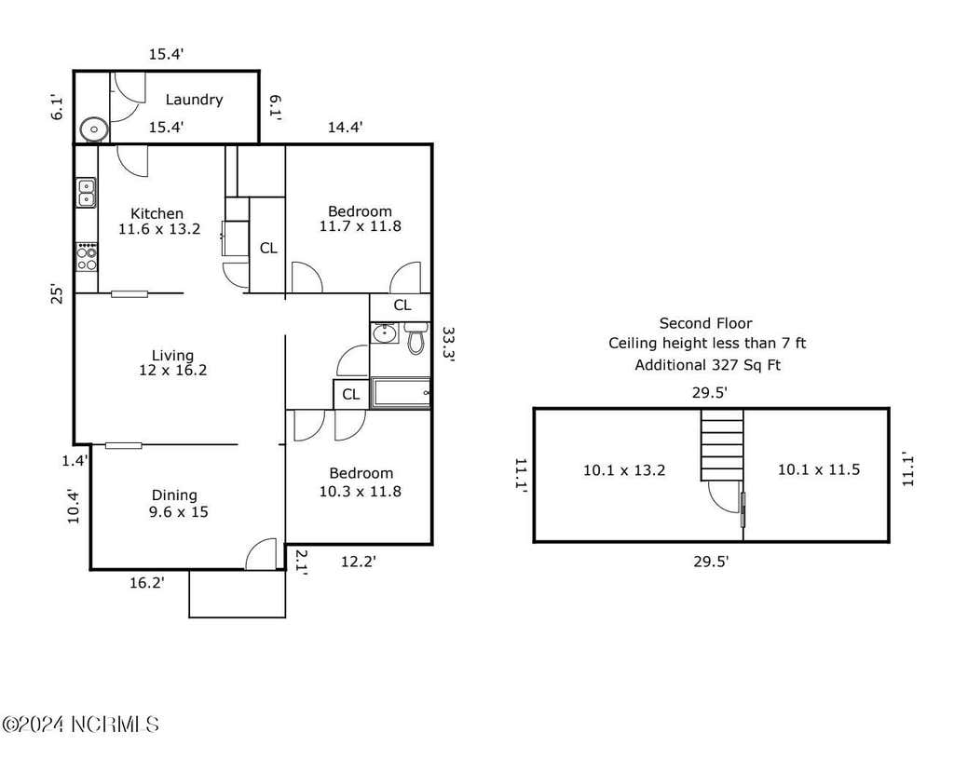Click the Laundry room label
coord(194,100)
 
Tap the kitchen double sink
coord(86,193)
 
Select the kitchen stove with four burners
coord(87,257)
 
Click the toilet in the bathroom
coord(416,338)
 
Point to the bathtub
coord(401,393)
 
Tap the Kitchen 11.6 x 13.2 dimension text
coord(159,229)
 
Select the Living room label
coord(172,355)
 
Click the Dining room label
coord(174,495)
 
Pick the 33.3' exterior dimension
coord(448,345)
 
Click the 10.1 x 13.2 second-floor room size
coord(624,470)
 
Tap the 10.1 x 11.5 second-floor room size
coord(819,469)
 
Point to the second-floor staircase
coord(722,444)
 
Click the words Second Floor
coord(706,323)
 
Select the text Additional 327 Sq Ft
coord(708,365)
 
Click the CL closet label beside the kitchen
coord(268,248)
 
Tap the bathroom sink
coord(384,333)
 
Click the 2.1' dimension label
coord(301,562)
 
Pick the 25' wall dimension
coord(57,293)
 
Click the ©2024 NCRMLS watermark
coord(81,725)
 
